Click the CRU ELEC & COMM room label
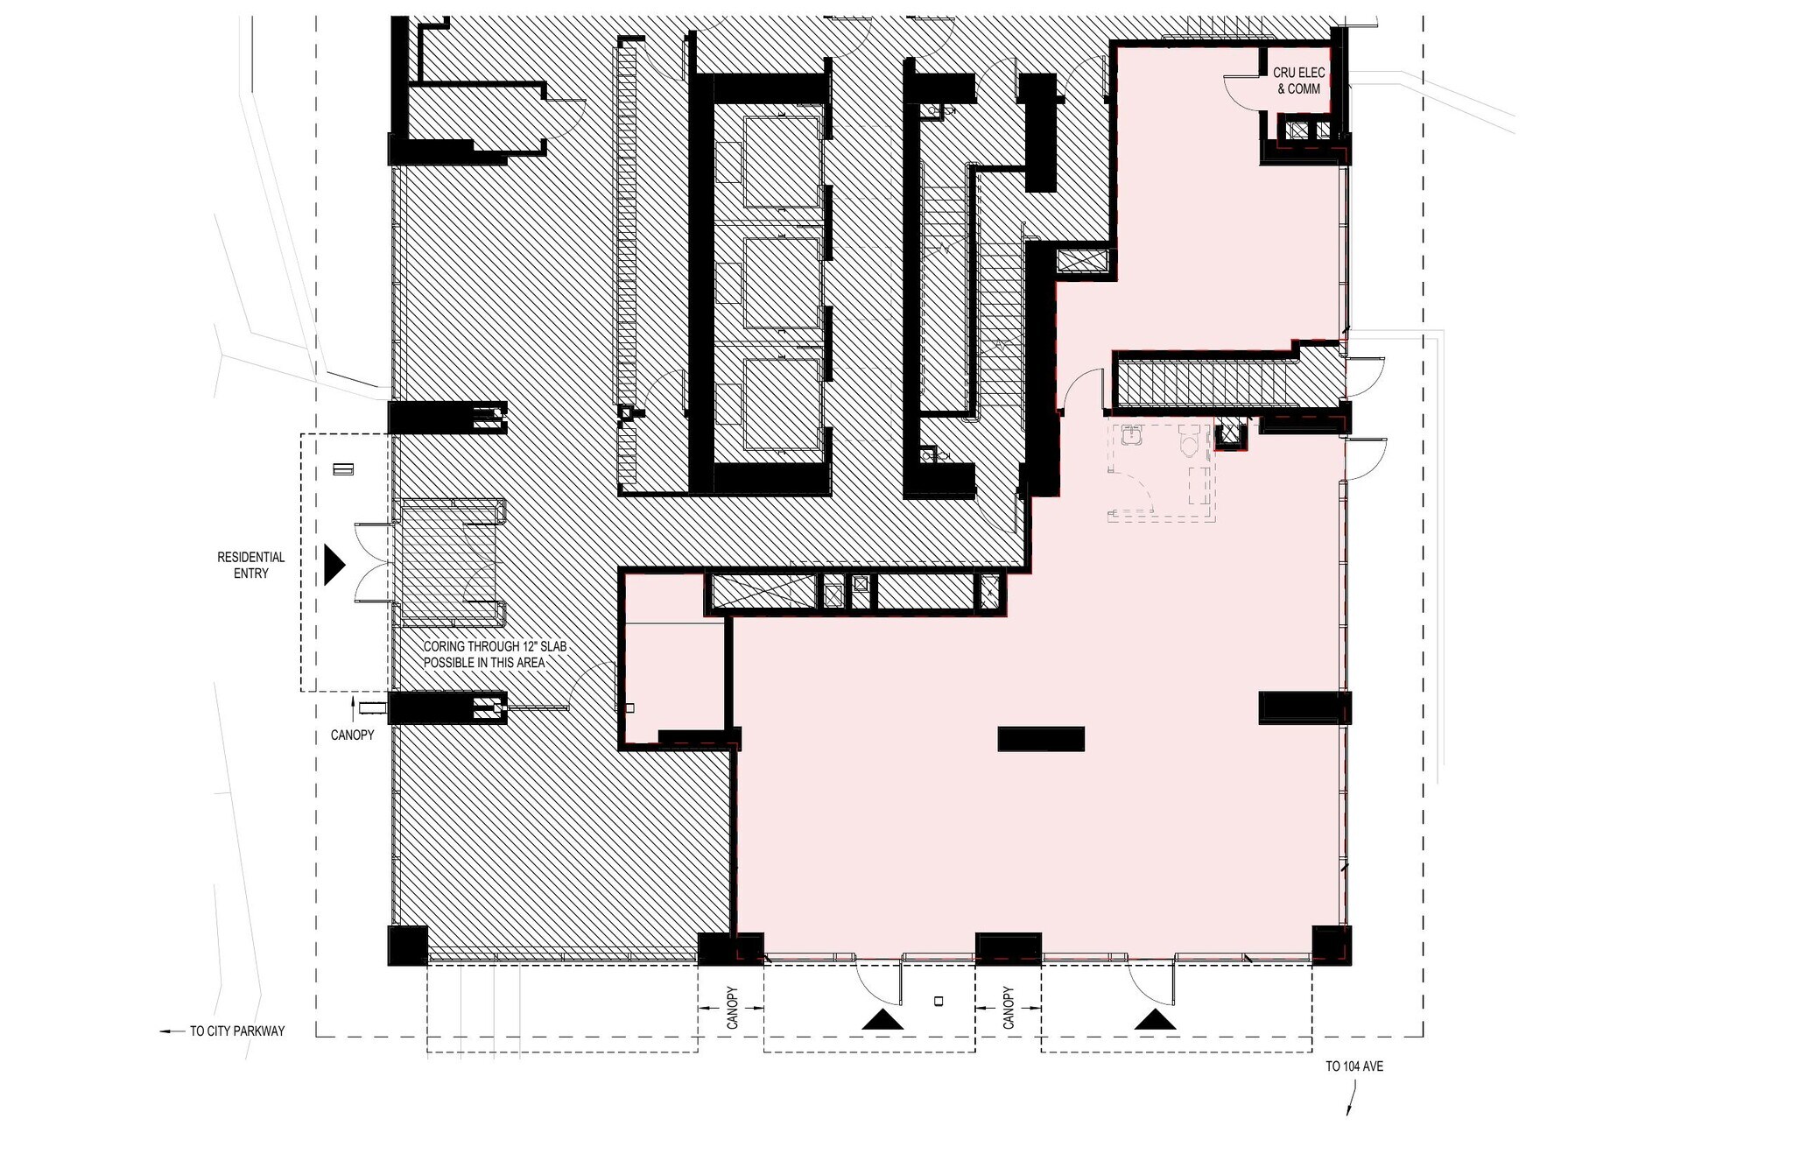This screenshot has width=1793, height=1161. [1298, 81]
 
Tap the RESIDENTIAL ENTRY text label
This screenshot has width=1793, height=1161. [251, 565]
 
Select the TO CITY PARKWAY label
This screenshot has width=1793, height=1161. [237, 1031]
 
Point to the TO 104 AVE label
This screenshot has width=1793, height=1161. [1354, 1066]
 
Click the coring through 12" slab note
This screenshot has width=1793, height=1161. [495, 654]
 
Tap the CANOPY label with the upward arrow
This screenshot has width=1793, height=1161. [352, 734]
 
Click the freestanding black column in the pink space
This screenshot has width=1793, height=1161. [1041, 739]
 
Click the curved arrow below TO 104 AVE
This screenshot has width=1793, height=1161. [1352, 1099]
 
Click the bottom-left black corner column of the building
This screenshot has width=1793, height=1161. [407, 945]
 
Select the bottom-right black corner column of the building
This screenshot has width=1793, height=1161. [1332, 945]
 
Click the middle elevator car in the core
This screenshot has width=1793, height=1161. [781, 282]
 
